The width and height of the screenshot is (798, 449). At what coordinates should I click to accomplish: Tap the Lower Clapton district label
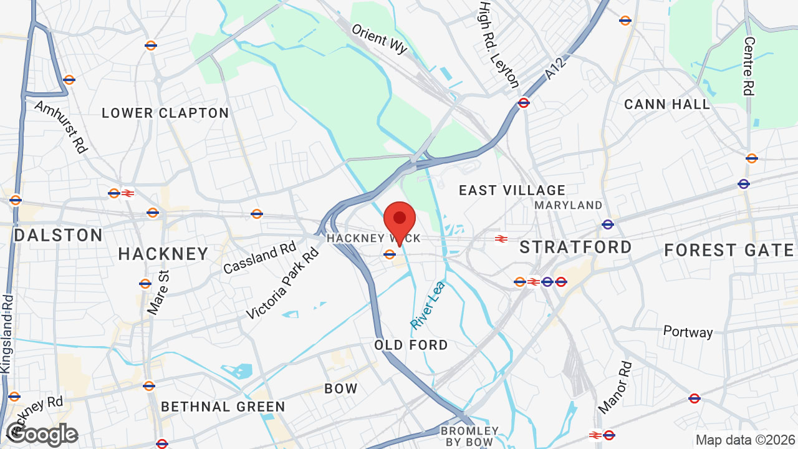(x=165, y=113)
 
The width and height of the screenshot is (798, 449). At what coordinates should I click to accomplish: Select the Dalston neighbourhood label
(x=58, y=235)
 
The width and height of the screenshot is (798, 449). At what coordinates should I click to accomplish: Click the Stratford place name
(x=575, y=247)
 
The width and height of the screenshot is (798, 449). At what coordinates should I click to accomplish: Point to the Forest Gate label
(x=729, y=250)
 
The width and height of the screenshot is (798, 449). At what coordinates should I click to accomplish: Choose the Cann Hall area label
(x=667, y=104)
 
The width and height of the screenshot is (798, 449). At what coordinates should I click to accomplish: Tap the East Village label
(x=512, y=190)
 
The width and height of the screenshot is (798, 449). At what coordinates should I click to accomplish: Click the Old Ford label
(x=411, y=345)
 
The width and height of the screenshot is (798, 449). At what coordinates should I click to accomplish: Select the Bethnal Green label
(x=223, y=407)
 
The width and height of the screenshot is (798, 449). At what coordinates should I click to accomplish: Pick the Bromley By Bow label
(x=469, y=437)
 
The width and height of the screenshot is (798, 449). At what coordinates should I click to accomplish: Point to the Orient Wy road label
(x=379, y=39)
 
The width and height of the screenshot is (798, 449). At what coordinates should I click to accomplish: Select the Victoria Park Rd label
(x=282, y=284)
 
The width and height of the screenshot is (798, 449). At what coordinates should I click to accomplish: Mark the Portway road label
(x=688, y=331)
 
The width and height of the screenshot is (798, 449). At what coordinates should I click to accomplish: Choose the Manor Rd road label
(x=615, y=387)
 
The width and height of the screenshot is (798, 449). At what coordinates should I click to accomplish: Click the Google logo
(x=42, y=434)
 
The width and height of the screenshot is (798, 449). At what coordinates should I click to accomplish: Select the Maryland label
(x=568, y=205)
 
